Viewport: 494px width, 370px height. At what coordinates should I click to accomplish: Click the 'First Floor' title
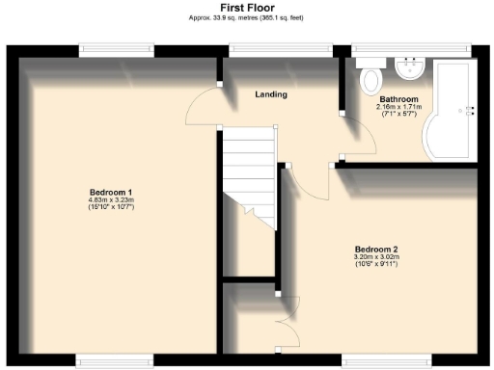coord(246,8)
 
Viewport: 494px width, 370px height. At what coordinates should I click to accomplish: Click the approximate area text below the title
coord(246,18)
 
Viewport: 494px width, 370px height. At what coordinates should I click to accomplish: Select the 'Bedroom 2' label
coord(376,250)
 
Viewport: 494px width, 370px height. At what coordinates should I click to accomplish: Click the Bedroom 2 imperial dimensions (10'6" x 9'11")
coord(376,265)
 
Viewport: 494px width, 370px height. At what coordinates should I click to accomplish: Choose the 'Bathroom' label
coord(398,99)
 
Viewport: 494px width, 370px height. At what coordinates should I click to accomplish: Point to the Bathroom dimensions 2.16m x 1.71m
coord(398,107)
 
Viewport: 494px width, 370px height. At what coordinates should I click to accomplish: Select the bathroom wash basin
coord(411,67)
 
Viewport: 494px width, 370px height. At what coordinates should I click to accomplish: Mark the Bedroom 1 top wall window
coord(116,46)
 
